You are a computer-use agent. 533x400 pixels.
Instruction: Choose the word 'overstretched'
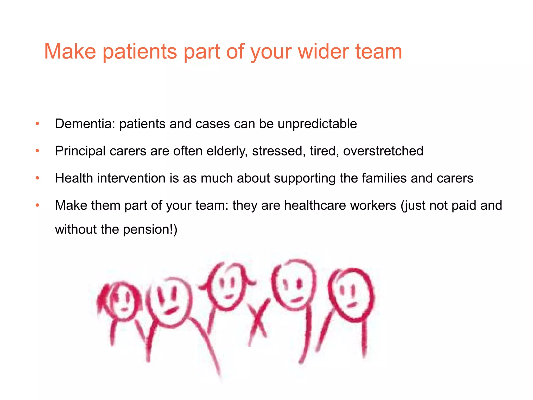pyautogui.click(x=383, y=151)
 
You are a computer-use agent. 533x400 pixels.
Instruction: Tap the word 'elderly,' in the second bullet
pyautogui.click(x=227, y=151)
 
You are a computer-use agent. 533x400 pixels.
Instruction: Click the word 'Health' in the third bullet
pyautogui.click(x=74, y=178)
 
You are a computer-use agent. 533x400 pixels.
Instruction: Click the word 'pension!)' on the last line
pyautogui.click(x=150, y=230)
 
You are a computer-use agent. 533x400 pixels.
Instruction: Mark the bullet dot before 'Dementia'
pyautogui.click(x=37, y=124)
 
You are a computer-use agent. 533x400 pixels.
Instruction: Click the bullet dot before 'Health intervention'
pyautogui.click(x=37, y=178)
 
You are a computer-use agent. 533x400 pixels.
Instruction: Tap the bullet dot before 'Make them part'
pyautogui.click(x=37, y=205)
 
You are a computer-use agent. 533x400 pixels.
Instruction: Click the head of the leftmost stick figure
pyautogui.click(x=122, y=301)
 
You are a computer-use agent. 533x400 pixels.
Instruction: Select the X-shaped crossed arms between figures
pyautogui.click(x=258, y=319)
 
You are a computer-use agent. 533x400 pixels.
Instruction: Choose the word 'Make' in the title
pyautogui.click(x=70, y=52)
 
